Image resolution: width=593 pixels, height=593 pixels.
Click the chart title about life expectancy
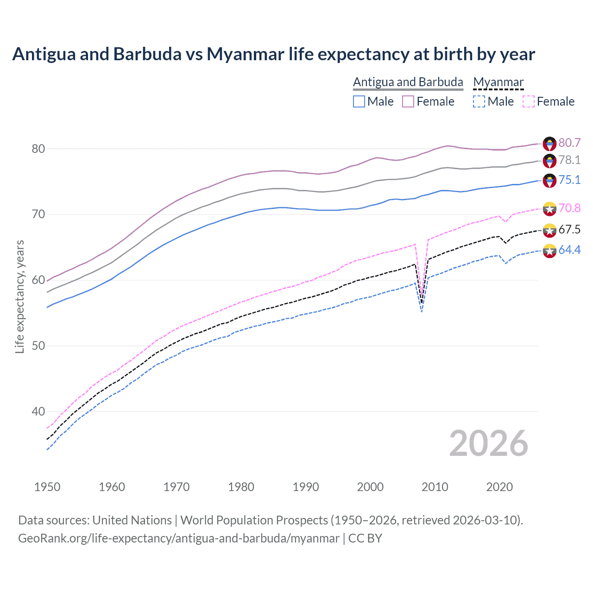(273, 54)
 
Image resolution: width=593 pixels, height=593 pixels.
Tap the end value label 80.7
(569, 143)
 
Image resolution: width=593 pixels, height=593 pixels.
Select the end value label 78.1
(569, 160)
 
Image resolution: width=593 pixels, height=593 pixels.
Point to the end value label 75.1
(569, 180)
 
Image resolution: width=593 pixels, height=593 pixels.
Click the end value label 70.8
(569, 208)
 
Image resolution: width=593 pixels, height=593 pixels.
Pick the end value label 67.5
(569, 229)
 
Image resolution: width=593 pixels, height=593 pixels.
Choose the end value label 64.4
(569, 250)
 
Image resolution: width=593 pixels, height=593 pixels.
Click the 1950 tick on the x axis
(47, 487)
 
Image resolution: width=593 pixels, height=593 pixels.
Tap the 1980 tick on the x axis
(241, 487)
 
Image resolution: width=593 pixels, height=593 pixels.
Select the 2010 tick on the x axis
(435, 487)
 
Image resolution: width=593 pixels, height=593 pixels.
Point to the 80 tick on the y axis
(38, 149)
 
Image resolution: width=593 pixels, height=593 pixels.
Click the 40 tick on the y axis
(38, 411)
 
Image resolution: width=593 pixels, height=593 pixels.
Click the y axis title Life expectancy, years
(19, 296)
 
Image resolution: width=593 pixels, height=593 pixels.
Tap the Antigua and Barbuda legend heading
(408, 82)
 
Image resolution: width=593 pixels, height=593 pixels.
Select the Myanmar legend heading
(498, 82)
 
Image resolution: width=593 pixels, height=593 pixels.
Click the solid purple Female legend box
(408, 101)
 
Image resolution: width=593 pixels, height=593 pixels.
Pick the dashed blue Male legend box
(479, 101)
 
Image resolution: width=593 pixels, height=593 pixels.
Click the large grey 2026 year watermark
(488, 443)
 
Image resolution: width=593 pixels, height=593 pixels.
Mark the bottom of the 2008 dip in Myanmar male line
(422, 312)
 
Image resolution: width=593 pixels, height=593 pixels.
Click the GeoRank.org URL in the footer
(178, 538)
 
